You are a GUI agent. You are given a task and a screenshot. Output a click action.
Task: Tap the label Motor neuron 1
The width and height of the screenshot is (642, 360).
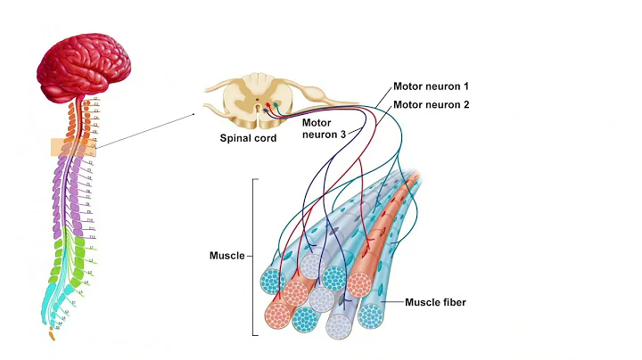pos(431,87)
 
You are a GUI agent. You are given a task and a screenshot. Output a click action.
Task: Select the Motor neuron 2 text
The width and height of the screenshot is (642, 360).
pos(431,104)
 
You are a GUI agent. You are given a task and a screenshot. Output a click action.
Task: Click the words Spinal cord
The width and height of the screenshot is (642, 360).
pos(248,138)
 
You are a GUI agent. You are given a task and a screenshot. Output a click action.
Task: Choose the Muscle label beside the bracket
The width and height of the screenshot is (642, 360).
pos(226,256)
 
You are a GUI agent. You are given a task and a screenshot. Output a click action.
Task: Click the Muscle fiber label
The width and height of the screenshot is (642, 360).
pos(435,302)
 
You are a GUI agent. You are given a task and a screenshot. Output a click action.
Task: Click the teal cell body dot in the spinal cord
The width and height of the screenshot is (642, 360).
pos(277,106)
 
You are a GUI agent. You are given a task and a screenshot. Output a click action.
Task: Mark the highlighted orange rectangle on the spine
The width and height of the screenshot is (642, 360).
pos(71,148)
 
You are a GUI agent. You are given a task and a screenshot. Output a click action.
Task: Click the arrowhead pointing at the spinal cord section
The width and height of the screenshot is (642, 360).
pos(193,115)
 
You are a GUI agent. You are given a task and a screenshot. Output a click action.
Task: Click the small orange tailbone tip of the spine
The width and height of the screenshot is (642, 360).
pos(50,337)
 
